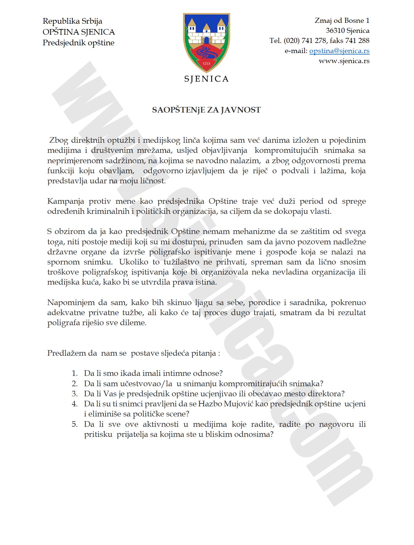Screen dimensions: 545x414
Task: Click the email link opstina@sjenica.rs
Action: (339, 51)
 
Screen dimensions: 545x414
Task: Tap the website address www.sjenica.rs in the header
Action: (344, 61)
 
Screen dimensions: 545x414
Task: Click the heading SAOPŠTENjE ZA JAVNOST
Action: (206, 110)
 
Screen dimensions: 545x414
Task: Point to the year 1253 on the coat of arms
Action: (206, 63)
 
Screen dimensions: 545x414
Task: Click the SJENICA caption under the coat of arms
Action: (206, 79)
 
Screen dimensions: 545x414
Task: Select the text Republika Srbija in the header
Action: (72, 21)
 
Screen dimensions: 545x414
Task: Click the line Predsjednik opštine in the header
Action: (78, 43)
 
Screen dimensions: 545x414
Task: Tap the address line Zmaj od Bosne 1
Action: (342, 20)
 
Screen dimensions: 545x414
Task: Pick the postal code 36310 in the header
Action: (335, 31)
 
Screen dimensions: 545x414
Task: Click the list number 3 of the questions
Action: (74, 394)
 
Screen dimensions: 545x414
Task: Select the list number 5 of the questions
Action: (74, 424)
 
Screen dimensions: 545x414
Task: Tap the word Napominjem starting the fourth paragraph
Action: (71, 302)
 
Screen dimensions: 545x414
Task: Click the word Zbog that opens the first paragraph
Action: (59, 140)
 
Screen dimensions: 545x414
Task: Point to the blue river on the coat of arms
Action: (206, 53)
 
